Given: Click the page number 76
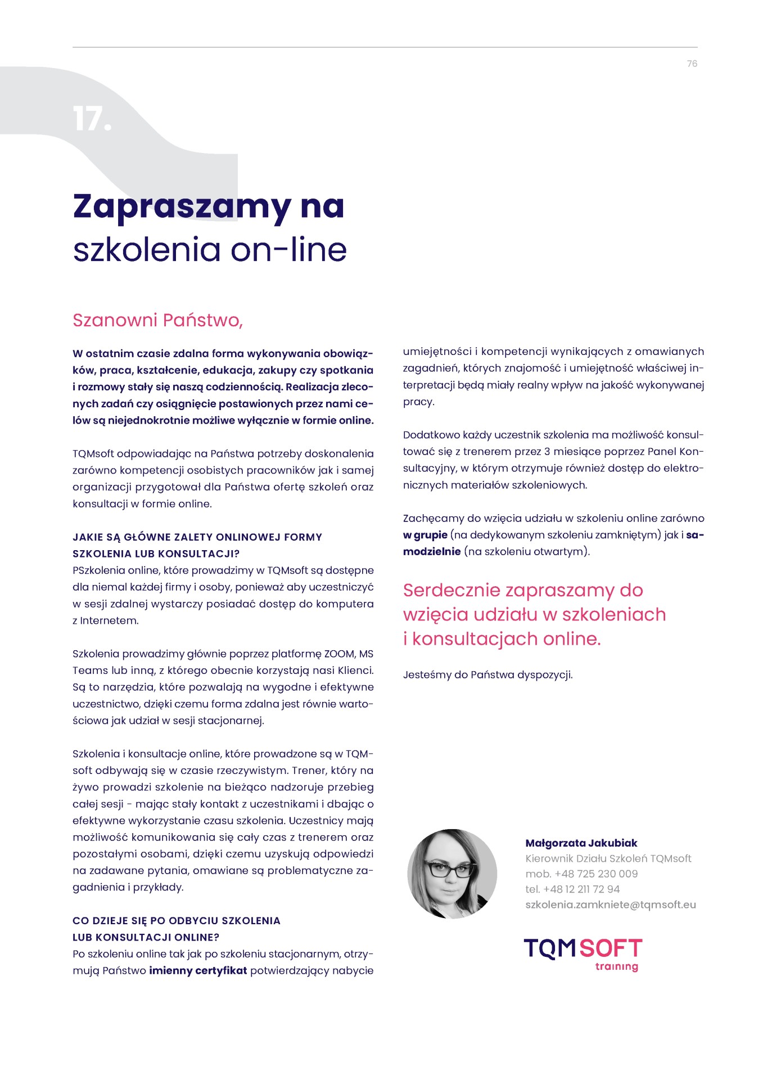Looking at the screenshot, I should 692,64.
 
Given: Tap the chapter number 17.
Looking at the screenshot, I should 92,119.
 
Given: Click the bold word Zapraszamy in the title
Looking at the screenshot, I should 182,207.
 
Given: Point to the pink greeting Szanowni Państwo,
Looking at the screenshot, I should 157,320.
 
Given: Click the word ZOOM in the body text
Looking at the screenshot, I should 339,654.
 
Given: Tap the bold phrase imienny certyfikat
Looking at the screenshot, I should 198,970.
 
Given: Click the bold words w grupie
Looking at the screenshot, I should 425,535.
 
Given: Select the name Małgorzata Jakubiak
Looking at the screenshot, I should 581,843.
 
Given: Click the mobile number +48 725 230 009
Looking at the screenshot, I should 596,874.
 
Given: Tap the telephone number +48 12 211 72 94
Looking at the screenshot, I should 581,889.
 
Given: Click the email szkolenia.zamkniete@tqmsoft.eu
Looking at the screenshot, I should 610,904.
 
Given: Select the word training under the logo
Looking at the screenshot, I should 616,966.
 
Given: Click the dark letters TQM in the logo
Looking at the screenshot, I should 550,948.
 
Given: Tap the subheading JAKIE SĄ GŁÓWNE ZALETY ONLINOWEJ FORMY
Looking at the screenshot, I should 197,537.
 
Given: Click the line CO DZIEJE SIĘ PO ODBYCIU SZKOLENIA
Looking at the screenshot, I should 177,921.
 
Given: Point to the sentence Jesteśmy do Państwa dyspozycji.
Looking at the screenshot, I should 487,674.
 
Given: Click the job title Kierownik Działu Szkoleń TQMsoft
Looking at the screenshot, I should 608,858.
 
